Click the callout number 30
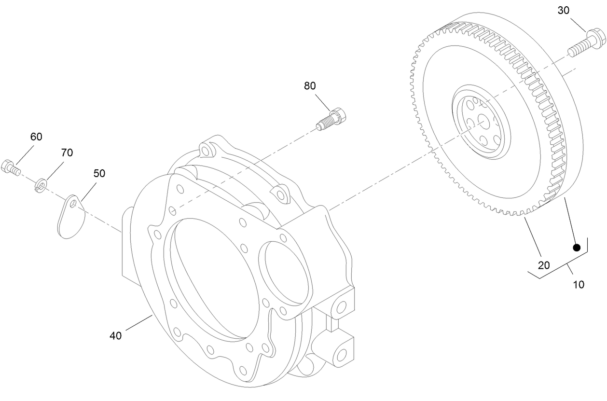tap(564, 10)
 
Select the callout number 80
tap(310, 85)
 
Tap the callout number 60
tap(36, 137)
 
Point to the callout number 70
tap(67, 152)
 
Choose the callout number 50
tap(99, 173)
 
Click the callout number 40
tap(115, 335)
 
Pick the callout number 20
tap(544, 265)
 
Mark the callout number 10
tap(578, 284)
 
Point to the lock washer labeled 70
tap(41, 184)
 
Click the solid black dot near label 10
tap(576, 248)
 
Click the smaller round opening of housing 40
tap(285, 278)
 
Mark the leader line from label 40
tap(138, 323)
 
